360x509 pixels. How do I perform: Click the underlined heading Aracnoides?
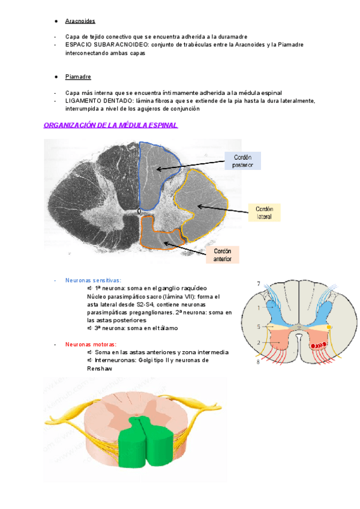point(80,21)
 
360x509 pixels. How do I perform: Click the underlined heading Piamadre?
point(78,77)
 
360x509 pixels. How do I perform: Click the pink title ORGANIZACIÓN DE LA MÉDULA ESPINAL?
point(110,125)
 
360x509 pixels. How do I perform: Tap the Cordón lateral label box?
point(264,212)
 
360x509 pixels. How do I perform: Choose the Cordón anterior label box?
point(222,254)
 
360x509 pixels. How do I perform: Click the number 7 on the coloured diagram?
point(259,283)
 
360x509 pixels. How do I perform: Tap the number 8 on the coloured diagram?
point(259,362)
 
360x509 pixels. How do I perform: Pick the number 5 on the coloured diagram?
point(259,327)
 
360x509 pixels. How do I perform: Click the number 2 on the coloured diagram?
point(259,342)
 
